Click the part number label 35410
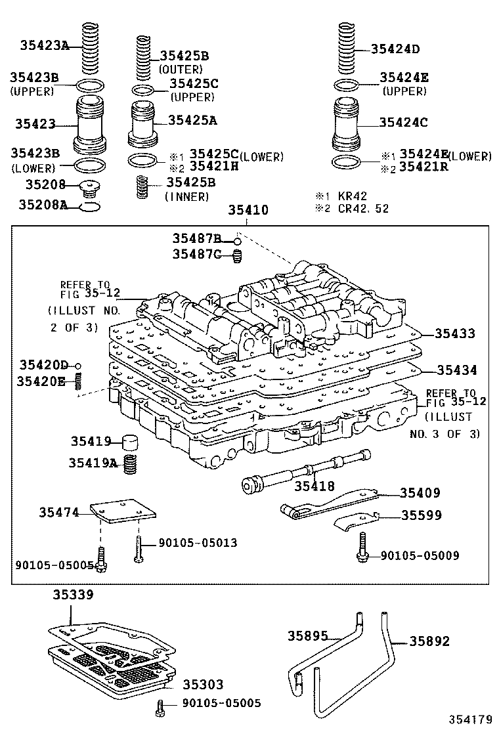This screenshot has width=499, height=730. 248,211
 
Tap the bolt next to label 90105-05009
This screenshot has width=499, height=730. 361,549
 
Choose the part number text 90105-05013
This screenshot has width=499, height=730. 198,543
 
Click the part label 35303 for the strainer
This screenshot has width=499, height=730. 203,685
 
